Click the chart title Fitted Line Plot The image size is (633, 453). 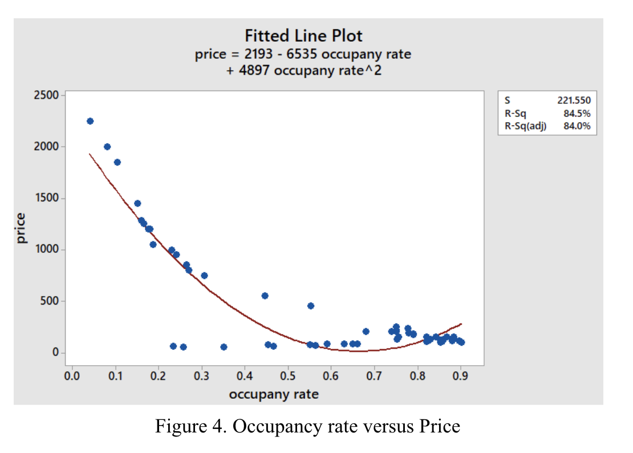[x=303, y=36]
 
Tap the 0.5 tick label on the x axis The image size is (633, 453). [x=287, y=377]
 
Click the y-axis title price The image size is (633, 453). [x=22, y=228]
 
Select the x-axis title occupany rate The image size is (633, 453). [x=274, y=394]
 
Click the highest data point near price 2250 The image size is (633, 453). [x=90, y=121]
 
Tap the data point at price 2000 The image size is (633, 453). [x=107, y=147]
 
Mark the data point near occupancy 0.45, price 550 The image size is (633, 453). [x=265, y=296]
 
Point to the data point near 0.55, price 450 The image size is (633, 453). [x=311, y=306]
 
